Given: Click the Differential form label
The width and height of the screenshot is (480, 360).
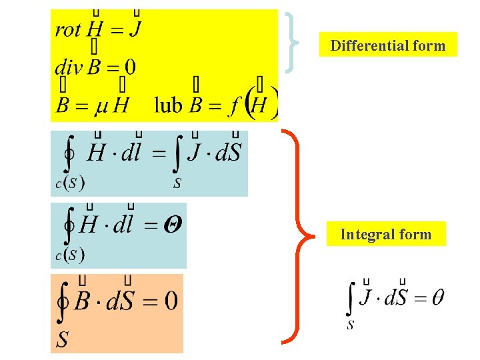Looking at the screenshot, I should [387, 45].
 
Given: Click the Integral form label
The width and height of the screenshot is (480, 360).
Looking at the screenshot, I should [385, 234].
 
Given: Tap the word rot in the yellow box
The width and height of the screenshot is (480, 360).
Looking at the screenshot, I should [68, 29].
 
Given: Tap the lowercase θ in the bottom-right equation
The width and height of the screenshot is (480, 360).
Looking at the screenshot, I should [438, 297].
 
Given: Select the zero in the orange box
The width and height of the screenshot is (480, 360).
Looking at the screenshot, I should [171, 302].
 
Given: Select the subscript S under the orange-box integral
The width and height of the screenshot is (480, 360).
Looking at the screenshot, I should [61, 341].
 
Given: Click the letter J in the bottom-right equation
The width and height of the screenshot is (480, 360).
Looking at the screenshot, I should [365, 297].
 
